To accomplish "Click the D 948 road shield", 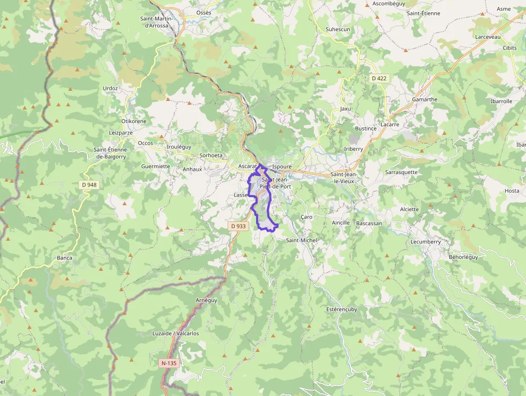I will tap(90, 185).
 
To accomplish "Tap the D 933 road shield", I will tap(238, 226).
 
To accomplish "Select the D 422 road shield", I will tap(379, 78).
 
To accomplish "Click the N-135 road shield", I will tap(169, 363).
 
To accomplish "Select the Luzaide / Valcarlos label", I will tap(176, 333).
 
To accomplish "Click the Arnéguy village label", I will tap(207, 300).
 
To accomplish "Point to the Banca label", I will tap(64, 258).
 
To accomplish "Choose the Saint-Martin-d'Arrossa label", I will tap(154, 22).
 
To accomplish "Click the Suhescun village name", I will tap(338, 29).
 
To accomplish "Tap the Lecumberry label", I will tap(426, 242).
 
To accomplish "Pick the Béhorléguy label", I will tap(463, 257).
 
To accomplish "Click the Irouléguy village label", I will tap(179, 146).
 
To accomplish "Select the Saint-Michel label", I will tap(302, 240).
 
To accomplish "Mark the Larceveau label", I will tap(487, 37).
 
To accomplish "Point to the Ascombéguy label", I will tap(388, 3).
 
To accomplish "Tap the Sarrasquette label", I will tap(401, 172).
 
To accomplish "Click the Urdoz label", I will tap(110, 88).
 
